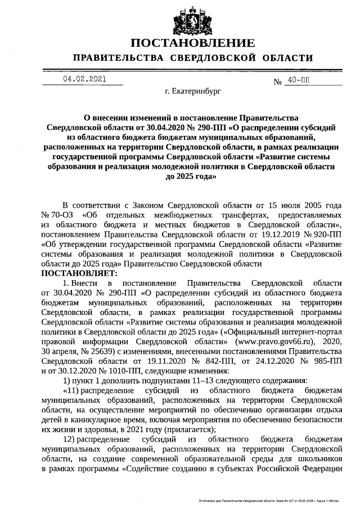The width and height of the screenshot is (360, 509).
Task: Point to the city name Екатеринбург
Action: tap(190, 90)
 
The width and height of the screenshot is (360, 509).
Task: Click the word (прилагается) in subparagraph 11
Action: tap(173, 427)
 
